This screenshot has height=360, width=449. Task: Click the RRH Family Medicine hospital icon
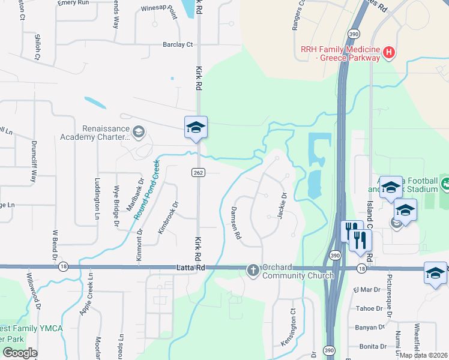(388, 53)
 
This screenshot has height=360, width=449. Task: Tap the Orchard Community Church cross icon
(253, 271)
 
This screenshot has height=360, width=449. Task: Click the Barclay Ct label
(178, 44)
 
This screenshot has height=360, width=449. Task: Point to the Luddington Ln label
(97, 197)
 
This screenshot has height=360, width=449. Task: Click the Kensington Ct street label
(288, 327)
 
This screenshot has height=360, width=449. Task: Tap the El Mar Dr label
(367, 289)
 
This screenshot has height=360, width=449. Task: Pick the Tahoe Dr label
(369, 308)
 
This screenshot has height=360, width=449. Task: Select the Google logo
(20, 353)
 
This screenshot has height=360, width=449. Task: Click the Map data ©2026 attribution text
(424, 355)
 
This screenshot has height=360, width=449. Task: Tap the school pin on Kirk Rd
(196, 127)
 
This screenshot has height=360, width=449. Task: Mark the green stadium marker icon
(445, 182)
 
